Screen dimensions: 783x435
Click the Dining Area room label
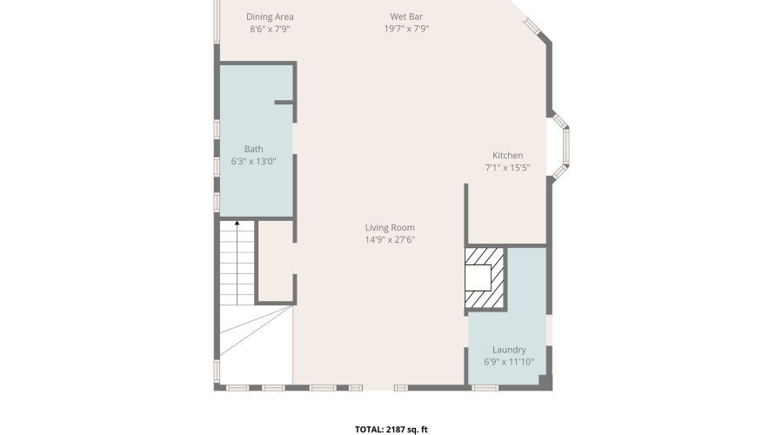pyautogui.click(x=270, y=17)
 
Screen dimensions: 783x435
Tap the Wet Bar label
pyautogui.click(x=406, y=17)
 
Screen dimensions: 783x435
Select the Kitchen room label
pyautogui.click(x=507, y=156)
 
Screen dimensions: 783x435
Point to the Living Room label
pyautogui.click(x=390, y=228)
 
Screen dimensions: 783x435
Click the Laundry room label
pyautogui.click(x=509, y=350)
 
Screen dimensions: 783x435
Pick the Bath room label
pyautogui.click(x=254, y=149)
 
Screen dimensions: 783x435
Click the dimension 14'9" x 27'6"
pyautogui.click(x=390, y=240)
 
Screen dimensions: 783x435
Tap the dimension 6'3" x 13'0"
pyautogui.click(x=254, y=161)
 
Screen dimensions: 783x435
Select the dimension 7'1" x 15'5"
pyautogui.click(x=507, y=168)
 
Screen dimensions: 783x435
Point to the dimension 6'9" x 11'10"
pyautogui.click(x=509, y=362)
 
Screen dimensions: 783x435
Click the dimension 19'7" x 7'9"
pyautogui.click(x=406, y=29)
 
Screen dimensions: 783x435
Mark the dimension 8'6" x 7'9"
pyautogui.click(x=270, y=29)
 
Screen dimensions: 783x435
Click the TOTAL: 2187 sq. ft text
pyautogui.click(x=391, y=430)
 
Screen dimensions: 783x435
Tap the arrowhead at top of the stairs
pyautogui.click(x=238, y=224)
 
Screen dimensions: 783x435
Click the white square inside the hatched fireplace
pyautogui.click(x=478, y=278)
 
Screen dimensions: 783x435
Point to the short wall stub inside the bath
pyautogui.click(x=284, y=103)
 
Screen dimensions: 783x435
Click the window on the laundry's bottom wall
pyautogui.click(x=485, y=387)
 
